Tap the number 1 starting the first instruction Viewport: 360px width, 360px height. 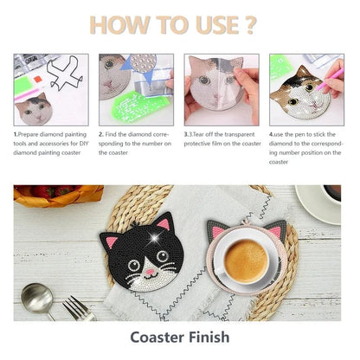16,134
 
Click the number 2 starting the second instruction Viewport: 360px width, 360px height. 101,134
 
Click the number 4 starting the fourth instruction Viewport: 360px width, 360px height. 270,134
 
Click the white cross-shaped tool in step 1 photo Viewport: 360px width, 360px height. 67,79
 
